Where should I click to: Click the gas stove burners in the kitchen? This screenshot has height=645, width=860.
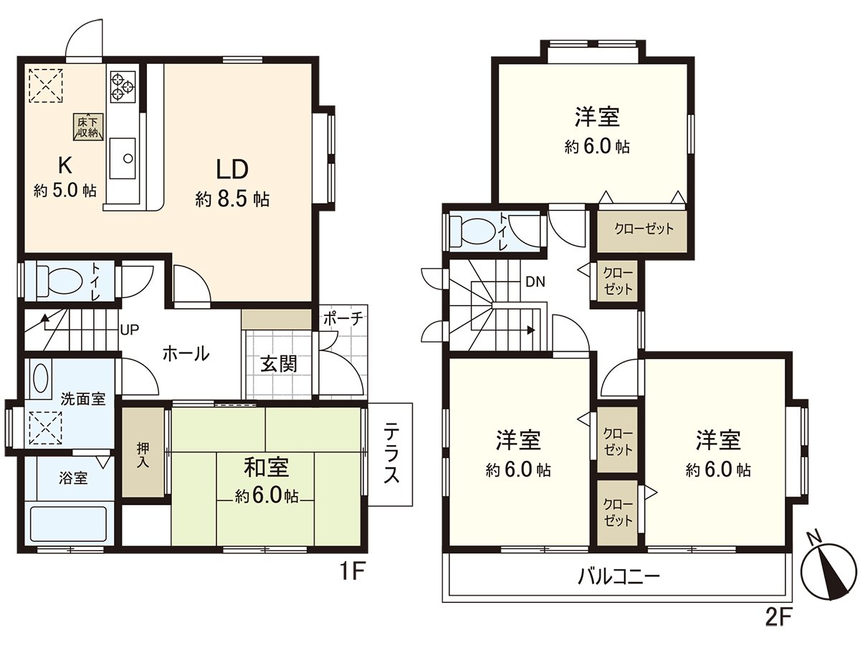(x=122, y=85)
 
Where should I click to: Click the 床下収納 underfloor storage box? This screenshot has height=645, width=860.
(x=88, y=126)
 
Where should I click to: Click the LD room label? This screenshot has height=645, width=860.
(x=232, y=170)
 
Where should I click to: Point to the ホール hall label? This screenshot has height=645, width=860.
(x=186, y=353)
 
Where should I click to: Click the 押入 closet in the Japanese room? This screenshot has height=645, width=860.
(x=142, y=451)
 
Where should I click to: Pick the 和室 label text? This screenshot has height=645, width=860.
(x=267, y=468)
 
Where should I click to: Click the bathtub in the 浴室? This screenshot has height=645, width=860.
(x=68, y=525)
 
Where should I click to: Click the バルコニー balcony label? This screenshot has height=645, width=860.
(x=618, y=575)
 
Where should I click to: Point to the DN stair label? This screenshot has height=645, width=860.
(x=535, y=282)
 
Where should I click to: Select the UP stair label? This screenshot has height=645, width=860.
(x=130, y=330)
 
